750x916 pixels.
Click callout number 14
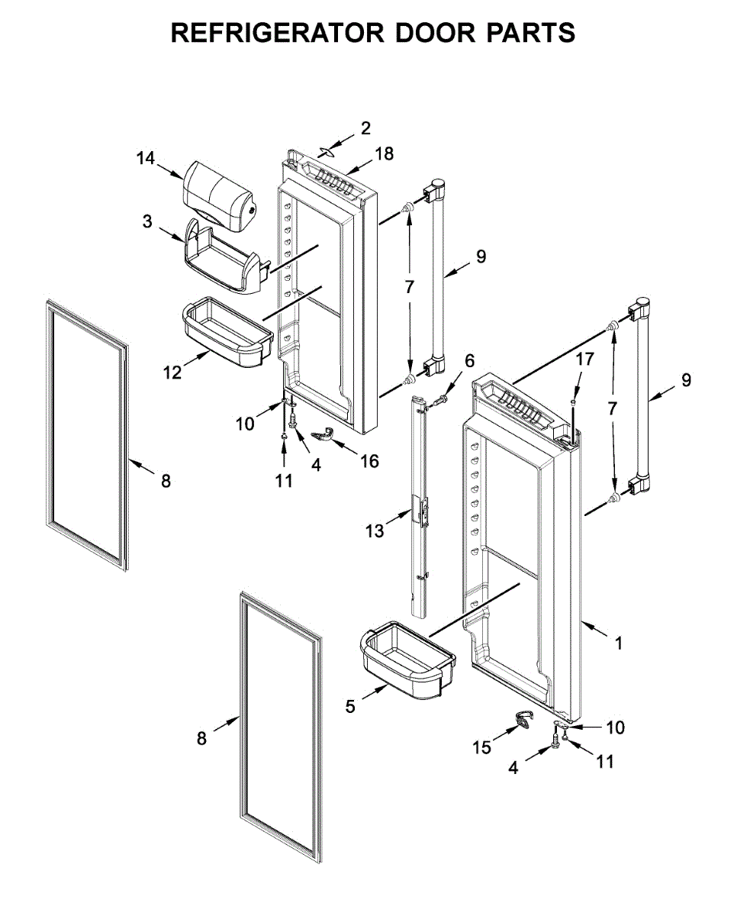(x=145, y=159)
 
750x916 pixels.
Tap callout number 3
(x=147, y=222)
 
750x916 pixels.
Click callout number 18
(x=385, y=153)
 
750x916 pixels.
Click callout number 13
(x=375, y=531)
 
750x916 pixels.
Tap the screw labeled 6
(x=440, y=399)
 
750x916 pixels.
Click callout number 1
(x=619, y=643)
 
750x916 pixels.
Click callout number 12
(x=172, y=372)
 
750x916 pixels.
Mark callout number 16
(x=369, y=461)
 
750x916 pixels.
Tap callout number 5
(x=350, y=707)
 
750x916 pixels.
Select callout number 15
(x=481, y=748)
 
